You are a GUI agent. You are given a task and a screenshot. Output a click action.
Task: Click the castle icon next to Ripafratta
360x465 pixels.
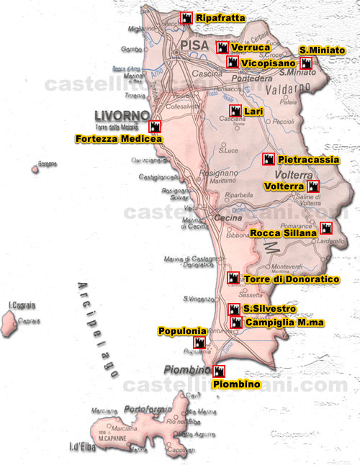186,17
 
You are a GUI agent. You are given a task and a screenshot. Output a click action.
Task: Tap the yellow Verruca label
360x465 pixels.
251,48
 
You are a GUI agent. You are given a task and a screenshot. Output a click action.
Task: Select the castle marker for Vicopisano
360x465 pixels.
233,63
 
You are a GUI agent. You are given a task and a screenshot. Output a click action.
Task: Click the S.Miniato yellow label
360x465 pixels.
322,50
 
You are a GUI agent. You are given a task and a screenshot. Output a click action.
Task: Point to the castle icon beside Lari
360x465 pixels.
235,110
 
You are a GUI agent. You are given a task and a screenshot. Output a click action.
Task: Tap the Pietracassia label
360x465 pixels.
308,159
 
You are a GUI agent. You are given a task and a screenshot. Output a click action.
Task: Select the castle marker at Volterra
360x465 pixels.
312,186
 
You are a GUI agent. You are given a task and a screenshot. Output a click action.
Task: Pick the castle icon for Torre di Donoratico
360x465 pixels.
233,278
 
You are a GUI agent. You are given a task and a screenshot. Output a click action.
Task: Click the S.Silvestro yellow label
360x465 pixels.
269,309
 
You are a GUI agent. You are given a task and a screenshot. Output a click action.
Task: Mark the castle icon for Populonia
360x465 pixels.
199,343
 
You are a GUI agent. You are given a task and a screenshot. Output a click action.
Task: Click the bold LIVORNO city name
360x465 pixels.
122,115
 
